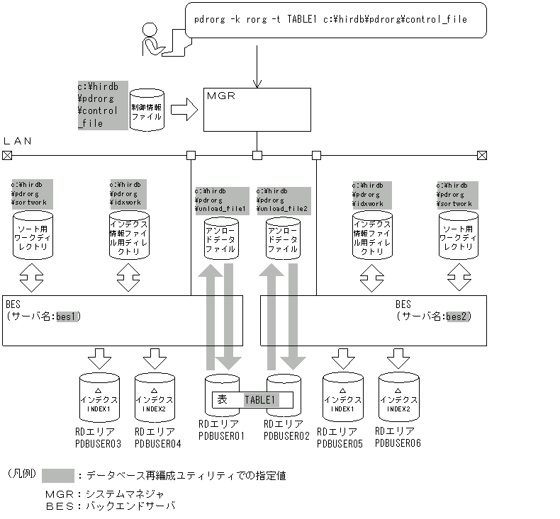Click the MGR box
[257, 109]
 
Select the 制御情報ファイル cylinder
[147, 110]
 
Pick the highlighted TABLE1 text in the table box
[259, 400]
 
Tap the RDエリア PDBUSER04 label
[157, 437]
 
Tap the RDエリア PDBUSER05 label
[340, 437]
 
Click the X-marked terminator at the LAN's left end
[7, 155]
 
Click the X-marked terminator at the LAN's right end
[482, 155]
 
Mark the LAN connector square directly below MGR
[257, 155]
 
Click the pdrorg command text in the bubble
[330, 19]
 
